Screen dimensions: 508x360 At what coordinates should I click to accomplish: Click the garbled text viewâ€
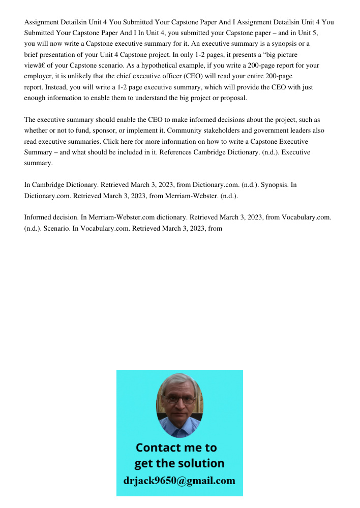35,66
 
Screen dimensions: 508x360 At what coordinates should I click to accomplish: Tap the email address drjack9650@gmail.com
179,481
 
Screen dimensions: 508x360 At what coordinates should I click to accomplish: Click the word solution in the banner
202,463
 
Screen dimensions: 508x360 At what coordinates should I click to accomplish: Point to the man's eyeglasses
179,399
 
